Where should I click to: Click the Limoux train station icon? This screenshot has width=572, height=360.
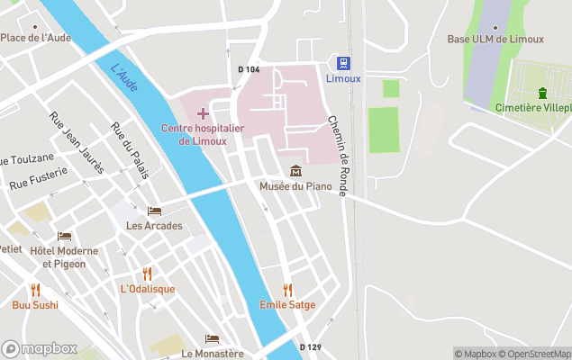[x=342, y=62]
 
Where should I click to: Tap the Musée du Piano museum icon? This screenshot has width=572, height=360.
[x=295, y=171]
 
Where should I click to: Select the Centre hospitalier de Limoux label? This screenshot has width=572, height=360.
[x=203, y=134]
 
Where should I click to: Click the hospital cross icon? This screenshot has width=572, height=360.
[x=203, y=113]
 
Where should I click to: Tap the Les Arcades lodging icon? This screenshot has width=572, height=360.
[x=154, y=211]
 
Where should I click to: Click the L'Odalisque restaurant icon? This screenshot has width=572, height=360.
[x=147, y=274]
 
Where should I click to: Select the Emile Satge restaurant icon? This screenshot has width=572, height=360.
[x=288, y=290]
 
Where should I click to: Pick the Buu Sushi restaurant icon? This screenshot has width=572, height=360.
[x=35, y=290]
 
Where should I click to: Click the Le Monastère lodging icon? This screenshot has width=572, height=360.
[x=212, y=339]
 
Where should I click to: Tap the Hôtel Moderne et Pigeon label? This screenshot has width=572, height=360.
[x=58, y=256]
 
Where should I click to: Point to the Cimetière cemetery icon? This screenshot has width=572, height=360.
[x=542, y=93]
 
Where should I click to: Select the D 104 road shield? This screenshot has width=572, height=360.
[x=249, y=69]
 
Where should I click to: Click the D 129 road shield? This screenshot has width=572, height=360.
[x=310, y=346]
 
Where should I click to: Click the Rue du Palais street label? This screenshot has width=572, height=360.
[x=130, y=150]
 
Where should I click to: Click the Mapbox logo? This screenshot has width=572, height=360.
[x=40, y=348]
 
